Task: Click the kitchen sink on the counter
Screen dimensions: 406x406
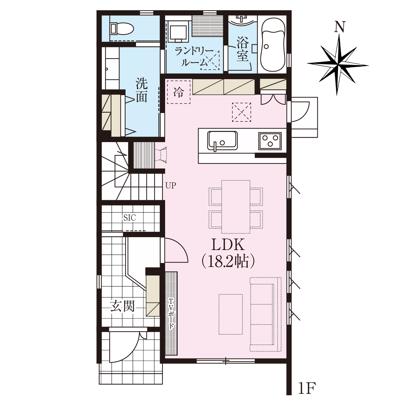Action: pos(222,140)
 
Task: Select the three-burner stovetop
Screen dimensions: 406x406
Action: pos(270,141)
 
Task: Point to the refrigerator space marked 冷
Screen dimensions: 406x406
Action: pos(179,92)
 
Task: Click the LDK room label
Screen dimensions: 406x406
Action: pos(228,245)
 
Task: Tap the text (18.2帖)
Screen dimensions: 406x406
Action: pos(228,262)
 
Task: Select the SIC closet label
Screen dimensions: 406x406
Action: pos(129,218)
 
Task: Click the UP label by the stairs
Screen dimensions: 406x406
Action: pos(171,186)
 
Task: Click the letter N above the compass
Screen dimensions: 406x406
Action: pos(340,27)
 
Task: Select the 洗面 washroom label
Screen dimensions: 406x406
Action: pos(141,90)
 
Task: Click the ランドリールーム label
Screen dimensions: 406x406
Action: pos(194,57)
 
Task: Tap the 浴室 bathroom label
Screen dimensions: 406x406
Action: pos(243,49)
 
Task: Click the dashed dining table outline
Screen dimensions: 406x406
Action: pos(236,207)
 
